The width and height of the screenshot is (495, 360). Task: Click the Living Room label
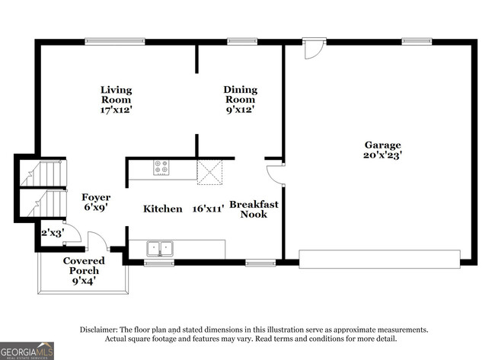point(117,94)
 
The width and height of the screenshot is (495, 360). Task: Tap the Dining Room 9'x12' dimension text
point(241,110)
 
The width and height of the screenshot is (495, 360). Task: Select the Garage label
point(382,145)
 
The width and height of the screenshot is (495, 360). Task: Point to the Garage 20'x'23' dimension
point(382,155)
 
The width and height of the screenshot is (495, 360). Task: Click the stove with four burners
point(161,167)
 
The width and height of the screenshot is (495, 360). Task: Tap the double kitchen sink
point(160,248)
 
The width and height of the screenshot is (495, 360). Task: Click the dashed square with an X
point(209,172)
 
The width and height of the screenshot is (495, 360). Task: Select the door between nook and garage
point(275,174)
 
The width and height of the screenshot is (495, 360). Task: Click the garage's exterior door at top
point(314,48)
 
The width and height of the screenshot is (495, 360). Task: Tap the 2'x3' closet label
point(53,233)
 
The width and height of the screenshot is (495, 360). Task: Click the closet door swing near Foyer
point(73,234)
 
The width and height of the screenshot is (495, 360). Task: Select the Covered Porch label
point(84,266)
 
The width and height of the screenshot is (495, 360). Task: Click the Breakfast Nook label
point(254,209)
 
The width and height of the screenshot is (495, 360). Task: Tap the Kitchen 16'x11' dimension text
point(209,209)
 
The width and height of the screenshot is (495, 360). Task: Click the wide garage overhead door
point(379,260)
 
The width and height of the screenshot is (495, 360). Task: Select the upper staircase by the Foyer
point(43,174)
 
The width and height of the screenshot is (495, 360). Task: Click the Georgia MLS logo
point(27,351)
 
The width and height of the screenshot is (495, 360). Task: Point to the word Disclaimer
point(98,330)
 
